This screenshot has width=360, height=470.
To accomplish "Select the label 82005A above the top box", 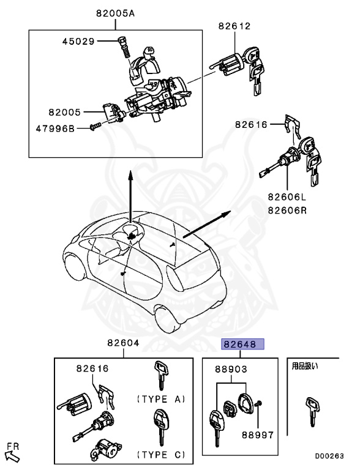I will click(x=114, y=13).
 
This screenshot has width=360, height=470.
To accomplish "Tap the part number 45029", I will click(x=79, y=42).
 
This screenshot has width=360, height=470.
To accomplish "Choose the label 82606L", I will click(x=286, y=198).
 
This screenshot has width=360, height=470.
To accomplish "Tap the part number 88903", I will click(x=231, y=369).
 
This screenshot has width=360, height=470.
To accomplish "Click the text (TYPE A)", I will click(x=160, y=399).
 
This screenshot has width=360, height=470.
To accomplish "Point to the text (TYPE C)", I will click(x=160, y=455).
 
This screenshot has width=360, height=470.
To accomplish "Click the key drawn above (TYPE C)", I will click(x=160, y=427).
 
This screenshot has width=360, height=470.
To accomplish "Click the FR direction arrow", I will click(x=12, y=453).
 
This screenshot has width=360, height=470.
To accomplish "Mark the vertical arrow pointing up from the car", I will click(x=130, y=196).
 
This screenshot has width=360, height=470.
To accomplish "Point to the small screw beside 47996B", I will click(x=93, y=127).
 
